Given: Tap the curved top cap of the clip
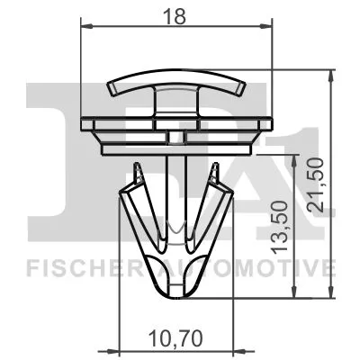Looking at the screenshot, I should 176,85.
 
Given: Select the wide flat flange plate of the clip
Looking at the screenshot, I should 176,124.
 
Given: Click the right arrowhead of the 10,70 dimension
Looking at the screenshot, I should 231,350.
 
